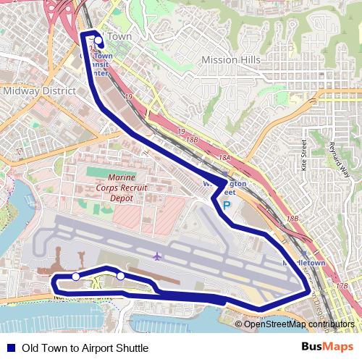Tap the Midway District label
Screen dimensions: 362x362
click(x=39, y=92)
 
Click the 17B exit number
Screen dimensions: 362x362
click(x=342, y=286)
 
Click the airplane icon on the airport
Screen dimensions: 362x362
click(x=157, y=256)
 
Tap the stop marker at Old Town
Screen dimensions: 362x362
click(x=98, y=41)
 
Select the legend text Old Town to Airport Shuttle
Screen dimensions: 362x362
click(x=85, y=348)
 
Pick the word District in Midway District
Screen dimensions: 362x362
click(x=58, y=92)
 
